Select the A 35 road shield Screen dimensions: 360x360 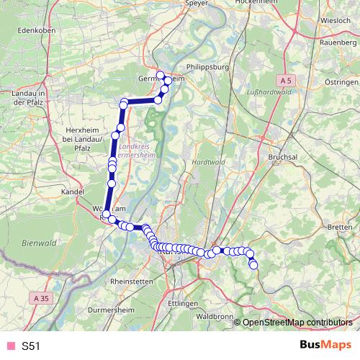pyautogui.click(x=43, y=297)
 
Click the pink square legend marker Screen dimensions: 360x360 pyautogui.click(x=9, y=346)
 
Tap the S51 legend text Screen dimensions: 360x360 pyautogui.click(x=31, y=346)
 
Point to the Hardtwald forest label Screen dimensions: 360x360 pyautogui.click(x=208, y=163)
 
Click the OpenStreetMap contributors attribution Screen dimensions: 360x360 pyautogui.click(x=297, y=322)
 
